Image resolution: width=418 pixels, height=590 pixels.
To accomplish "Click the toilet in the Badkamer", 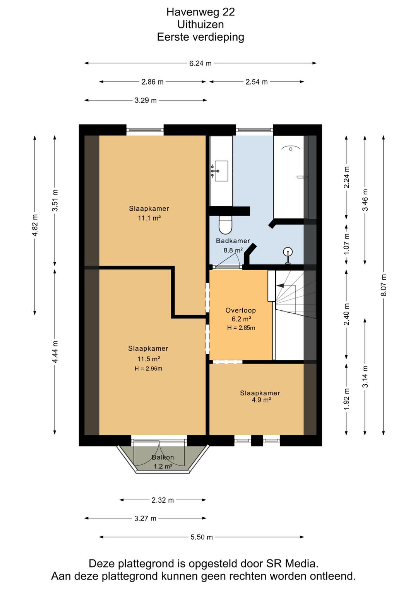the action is click(225, 225).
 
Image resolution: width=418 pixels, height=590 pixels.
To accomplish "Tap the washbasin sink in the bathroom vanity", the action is click(221, 171).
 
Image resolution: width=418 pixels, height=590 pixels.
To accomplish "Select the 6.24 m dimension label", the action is click(200, 63).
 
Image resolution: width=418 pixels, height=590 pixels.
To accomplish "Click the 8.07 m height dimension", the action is click(384, 285).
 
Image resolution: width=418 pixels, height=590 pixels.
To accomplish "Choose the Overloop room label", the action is click(240, 310).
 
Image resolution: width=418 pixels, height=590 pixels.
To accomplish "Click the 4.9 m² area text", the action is click(262, 400).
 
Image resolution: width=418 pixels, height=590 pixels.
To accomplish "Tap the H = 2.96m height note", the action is click(149, 368).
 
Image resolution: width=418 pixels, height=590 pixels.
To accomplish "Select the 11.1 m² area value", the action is click(149, 218).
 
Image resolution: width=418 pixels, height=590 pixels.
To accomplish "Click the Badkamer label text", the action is click(233, 240).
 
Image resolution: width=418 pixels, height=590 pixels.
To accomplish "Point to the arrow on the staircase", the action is click(280, 285).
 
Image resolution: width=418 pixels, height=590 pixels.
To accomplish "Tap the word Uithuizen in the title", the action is click(200, 24).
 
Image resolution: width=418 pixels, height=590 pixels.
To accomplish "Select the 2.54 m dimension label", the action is click(257, 82).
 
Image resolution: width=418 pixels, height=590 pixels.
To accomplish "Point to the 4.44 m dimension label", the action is click(55, 351).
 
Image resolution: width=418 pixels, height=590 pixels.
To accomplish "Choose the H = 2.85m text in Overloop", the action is click(241, 328).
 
